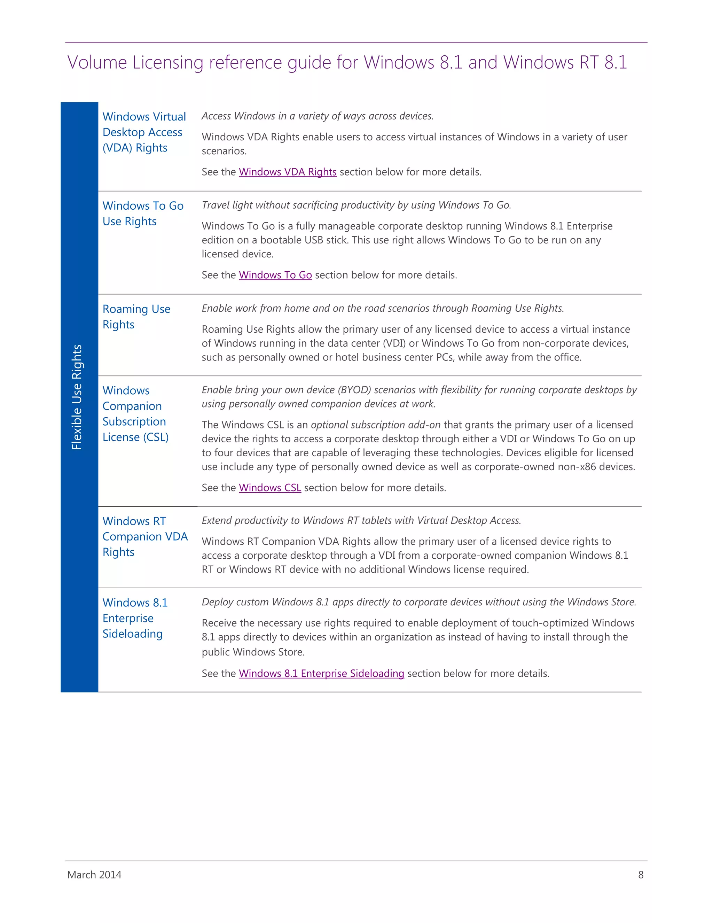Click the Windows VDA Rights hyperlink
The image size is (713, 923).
point(287,172)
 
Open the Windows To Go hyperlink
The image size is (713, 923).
point(275,275)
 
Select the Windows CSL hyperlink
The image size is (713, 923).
point(269,488)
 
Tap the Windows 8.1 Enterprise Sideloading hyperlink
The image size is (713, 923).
point(321,673)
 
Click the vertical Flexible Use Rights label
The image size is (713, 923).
point(77,397)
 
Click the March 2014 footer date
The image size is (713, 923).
point(94,875)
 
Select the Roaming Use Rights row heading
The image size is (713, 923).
point(136,317)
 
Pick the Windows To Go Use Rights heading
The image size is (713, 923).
point(143,214)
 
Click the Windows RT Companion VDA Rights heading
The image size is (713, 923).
point(144,536)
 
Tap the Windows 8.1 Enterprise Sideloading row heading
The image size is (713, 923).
point(135,618)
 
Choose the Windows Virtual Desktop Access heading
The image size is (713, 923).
point(144,132)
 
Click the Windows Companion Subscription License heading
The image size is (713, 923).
point(135,414)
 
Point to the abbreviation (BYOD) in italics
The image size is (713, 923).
point(354,390)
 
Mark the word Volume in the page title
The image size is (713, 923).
point(97,63)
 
